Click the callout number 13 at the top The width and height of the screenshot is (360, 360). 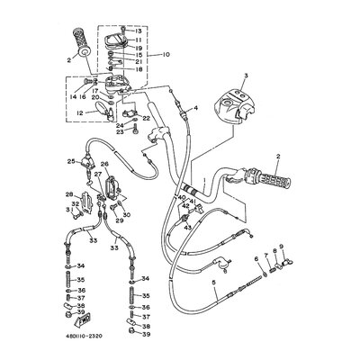coord(139,30)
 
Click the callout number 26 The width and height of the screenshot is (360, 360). coord(104,165)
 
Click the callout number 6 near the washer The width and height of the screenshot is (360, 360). coord(256,257)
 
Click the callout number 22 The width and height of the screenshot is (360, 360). coord(145,118)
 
